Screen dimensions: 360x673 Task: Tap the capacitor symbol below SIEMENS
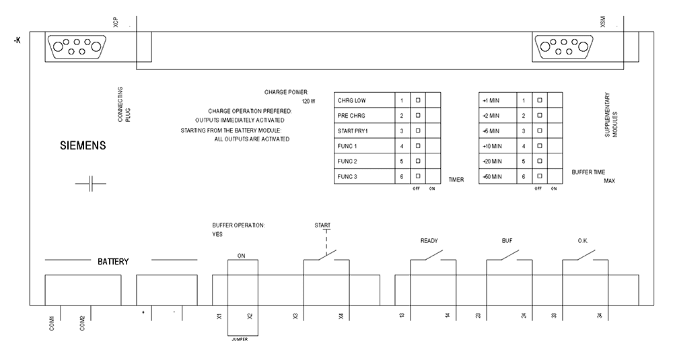click(91, 183)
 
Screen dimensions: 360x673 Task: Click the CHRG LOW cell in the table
click(364, 101)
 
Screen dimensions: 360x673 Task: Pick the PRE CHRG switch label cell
click(364, 116)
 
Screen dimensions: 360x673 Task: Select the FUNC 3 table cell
click(364, 176)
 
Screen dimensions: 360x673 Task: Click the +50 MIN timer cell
click(497, 176)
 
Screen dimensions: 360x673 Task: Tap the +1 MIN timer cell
click(497, 101)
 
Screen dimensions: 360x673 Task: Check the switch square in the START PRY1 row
click(417, 131)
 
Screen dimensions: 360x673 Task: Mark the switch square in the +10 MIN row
click(538, 146)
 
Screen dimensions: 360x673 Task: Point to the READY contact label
click(429, 240)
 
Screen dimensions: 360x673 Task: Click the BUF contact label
click(507, 240)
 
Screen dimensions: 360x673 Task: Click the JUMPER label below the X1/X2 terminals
click(239, 339)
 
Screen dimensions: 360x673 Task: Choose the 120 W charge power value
click(308, 101)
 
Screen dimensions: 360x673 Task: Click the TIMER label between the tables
click(456, 180)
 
